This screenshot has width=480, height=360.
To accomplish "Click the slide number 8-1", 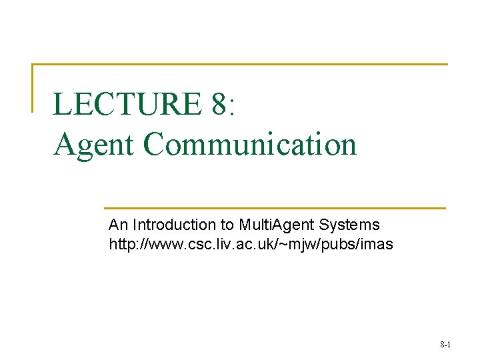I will (x=445, y=345).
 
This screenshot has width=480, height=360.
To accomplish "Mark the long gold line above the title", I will (x=240, y=65).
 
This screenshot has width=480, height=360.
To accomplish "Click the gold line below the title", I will (x=275, y=208).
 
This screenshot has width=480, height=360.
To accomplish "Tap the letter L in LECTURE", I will (x=61, y=103).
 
